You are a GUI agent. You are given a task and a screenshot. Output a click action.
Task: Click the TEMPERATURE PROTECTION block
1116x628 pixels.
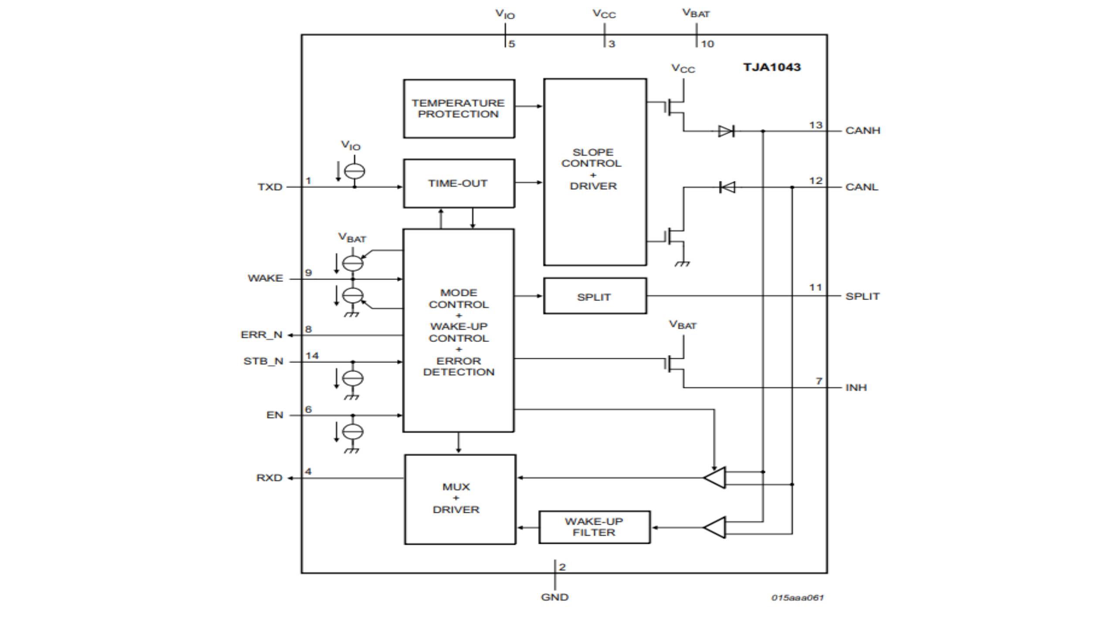[459, 109]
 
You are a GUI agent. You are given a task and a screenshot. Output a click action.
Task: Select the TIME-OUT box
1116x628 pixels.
[459, 183]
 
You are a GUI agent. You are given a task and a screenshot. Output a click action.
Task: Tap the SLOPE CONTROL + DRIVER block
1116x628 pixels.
[595, 171]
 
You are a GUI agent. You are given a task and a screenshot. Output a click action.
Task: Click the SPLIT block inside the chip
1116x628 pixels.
[595, 297]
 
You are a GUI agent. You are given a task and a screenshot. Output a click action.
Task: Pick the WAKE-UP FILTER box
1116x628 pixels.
[594, 527]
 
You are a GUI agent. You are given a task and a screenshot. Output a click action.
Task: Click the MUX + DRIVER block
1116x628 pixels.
[459, 499]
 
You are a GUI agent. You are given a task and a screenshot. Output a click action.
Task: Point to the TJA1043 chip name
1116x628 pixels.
[772, 67]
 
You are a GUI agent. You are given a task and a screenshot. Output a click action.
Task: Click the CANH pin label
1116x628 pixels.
[862, 130]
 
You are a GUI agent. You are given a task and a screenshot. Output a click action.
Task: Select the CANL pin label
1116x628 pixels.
[861, 187]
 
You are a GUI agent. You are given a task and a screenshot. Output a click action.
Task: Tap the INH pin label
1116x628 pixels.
[856, 387]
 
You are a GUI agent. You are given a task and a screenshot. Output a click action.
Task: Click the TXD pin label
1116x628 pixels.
[270, 187]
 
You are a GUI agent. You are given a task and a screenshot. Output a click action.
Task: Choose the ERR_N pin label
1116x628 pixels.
[261, 335]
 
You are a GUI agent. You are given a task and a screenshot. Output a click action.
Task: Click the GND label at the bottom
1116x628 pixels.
[555, 597]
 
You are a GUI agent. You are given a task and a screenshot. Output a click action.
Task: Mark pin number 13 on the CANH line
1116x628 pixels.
[815, 125]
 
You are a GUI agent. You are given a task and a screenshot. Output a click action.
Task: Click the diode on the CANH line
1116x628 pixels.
[726, 131]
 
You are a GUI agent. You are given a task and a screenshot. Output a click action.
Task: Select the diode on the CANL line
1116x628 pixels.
[727, 188]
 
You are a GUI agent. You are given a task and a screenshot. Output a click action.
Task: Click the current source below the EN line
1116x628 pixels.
[353, 432]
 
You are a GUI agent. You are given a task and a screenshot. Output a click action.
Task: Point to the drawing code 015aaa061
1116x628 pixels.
[797, 597]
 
